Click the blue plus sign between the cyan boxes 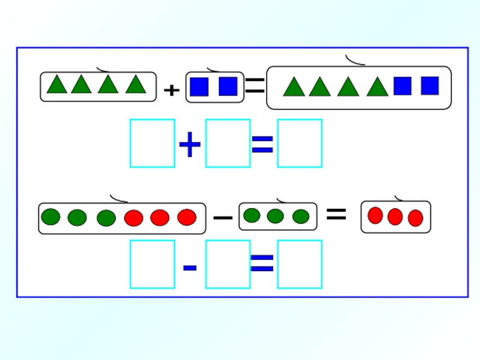click(190, 146)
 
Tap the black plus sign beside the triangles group click(172, 91)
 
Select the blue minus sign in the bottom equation click(190, 266)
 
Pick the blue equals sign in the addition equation click(262, 143)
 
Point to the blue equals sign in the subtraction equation click(262, 263)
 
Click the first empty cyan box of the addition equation click(152, 143)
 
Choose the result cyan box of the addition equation click(299, 143)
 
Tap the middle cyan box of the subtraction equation click(227, 264)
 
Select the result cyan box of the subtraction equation click(299, 264)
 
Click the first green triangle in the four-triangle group click(57, 85)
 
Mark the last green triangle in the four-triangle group click(136, 85)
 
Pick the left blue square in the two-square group click(199, 87)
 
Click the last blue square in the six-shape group click(430, 86)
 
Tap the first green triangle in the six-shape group click(294, 88)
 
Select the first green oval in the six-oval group click(51, 217)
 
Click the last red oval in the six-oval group click(187, 217)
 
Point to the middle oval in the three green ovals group click(275, 216)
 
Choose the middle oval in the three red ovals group click(395, 217)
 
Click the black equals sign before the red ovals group click(336, 214)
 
